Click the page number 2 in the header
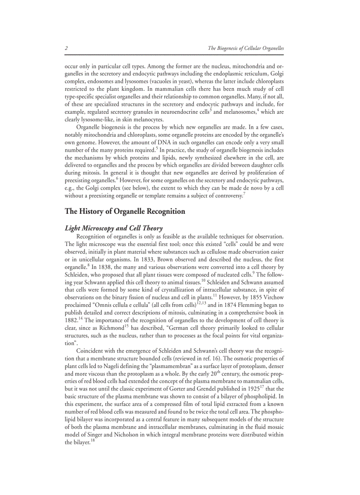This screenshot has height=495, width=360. pyautogui.click(x=66, y=48)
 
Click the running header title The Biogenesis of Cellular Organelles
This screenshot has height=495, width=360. pyautogui.click(x=246, y=48)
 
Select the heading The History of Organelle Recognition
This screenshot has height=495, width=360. pyautogui.click(x=125, y=212)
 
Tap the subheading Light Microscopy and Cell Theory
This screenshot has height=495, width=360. pyautogui.click(x=114, y=228)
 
